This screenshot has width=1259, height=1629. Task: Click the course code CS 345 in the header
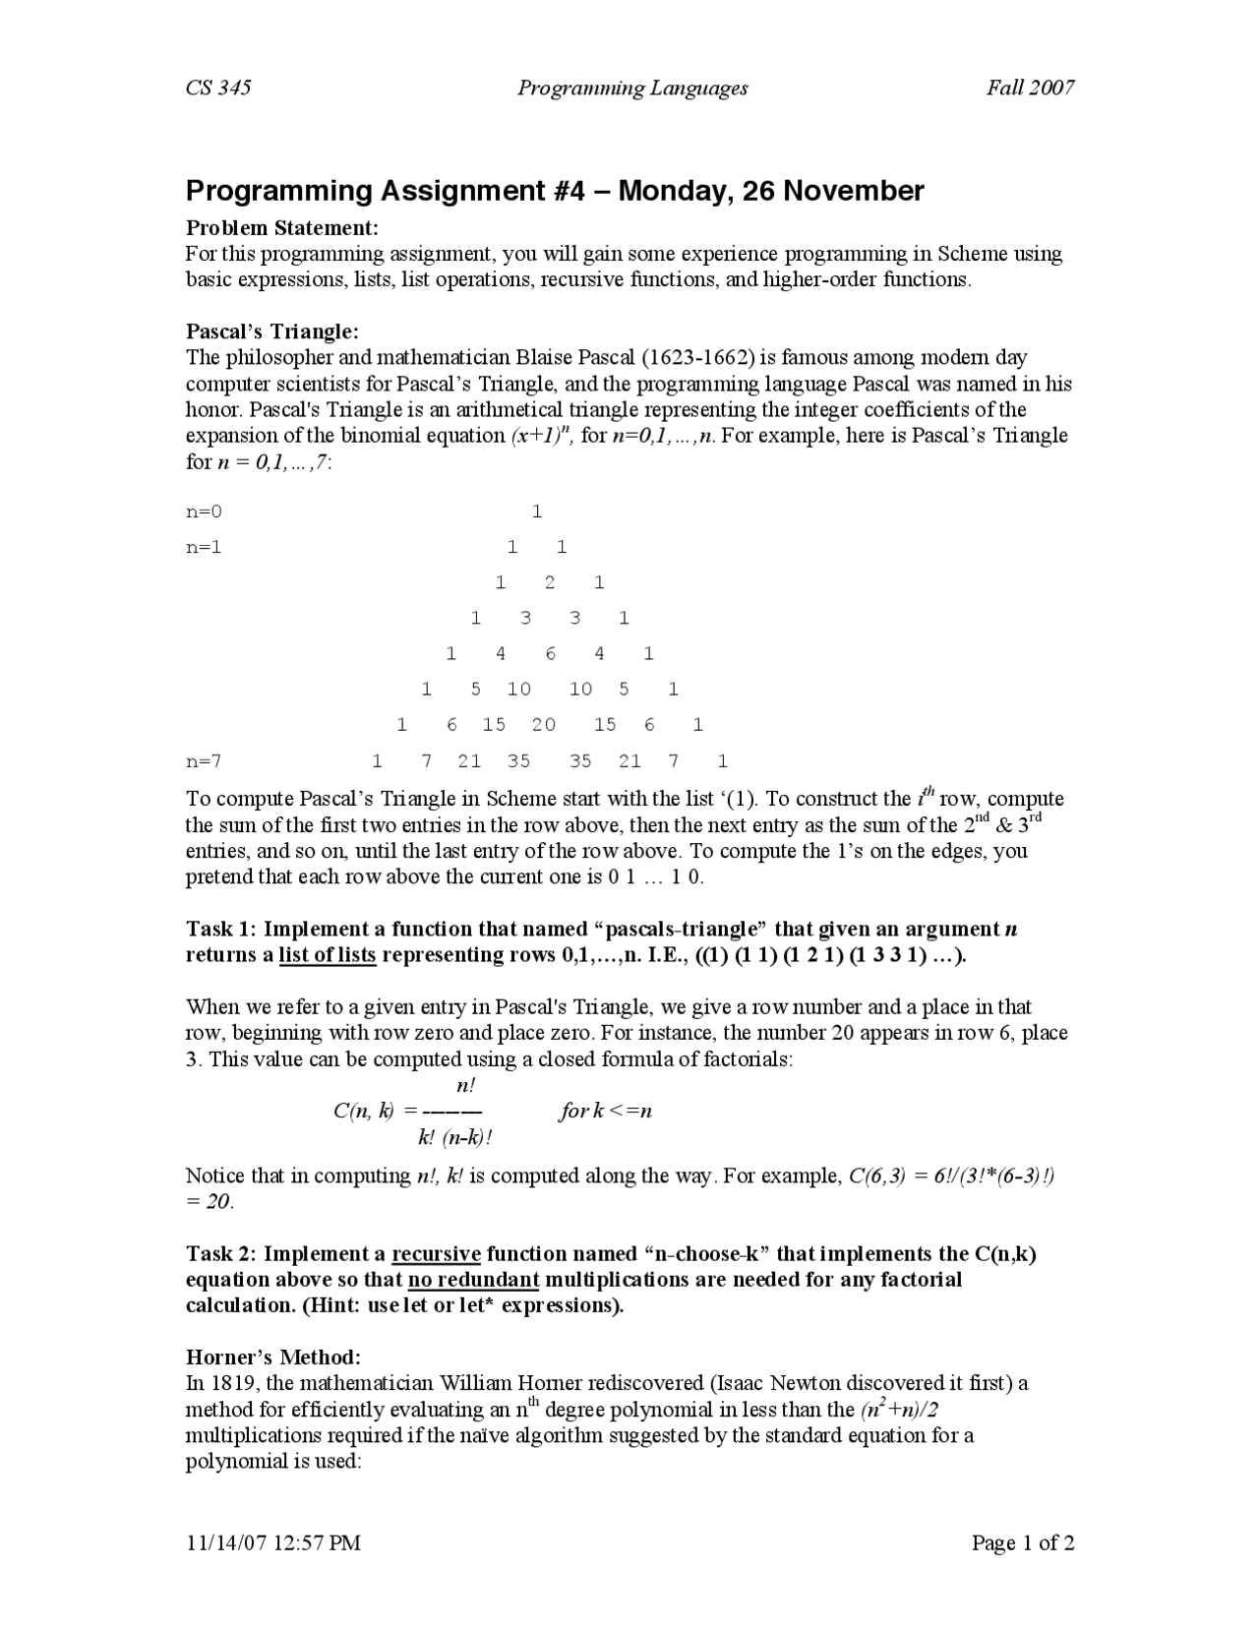[218, 88]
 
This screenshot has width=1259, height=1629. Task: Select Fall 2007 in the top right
[1030, 88]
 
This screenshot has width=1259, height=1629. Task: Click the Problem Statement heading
[282, 228]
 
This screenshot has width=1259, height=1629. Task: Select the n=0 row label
[205, 512]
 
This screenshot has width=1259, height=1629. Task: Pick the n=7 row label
[205, 760]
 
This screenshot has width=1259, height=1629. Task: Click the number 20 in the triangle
[543, 725]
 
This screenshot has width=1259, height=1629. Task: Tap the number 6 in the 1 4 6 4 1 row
[550, 654]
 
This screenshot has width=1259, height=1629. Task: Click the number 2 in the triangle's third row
[549, 582]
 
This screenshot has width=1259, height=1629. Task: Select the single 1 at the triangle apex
[537, 512]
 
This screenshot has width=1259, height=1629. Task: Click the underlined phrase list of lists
[328, 955]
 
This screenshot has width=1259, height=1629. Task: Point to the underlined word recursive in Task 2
[436, 1254]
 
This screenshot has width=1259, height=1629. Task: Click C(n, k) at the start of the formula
[364, 1112]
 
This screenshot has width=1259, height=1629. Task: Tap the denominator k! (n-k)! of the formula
[454, 1138]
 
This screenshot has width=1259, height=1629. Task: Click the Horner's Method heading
[273, 1357]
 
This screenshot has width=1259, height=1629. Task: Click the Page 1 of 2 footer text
[1022, 1542]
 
